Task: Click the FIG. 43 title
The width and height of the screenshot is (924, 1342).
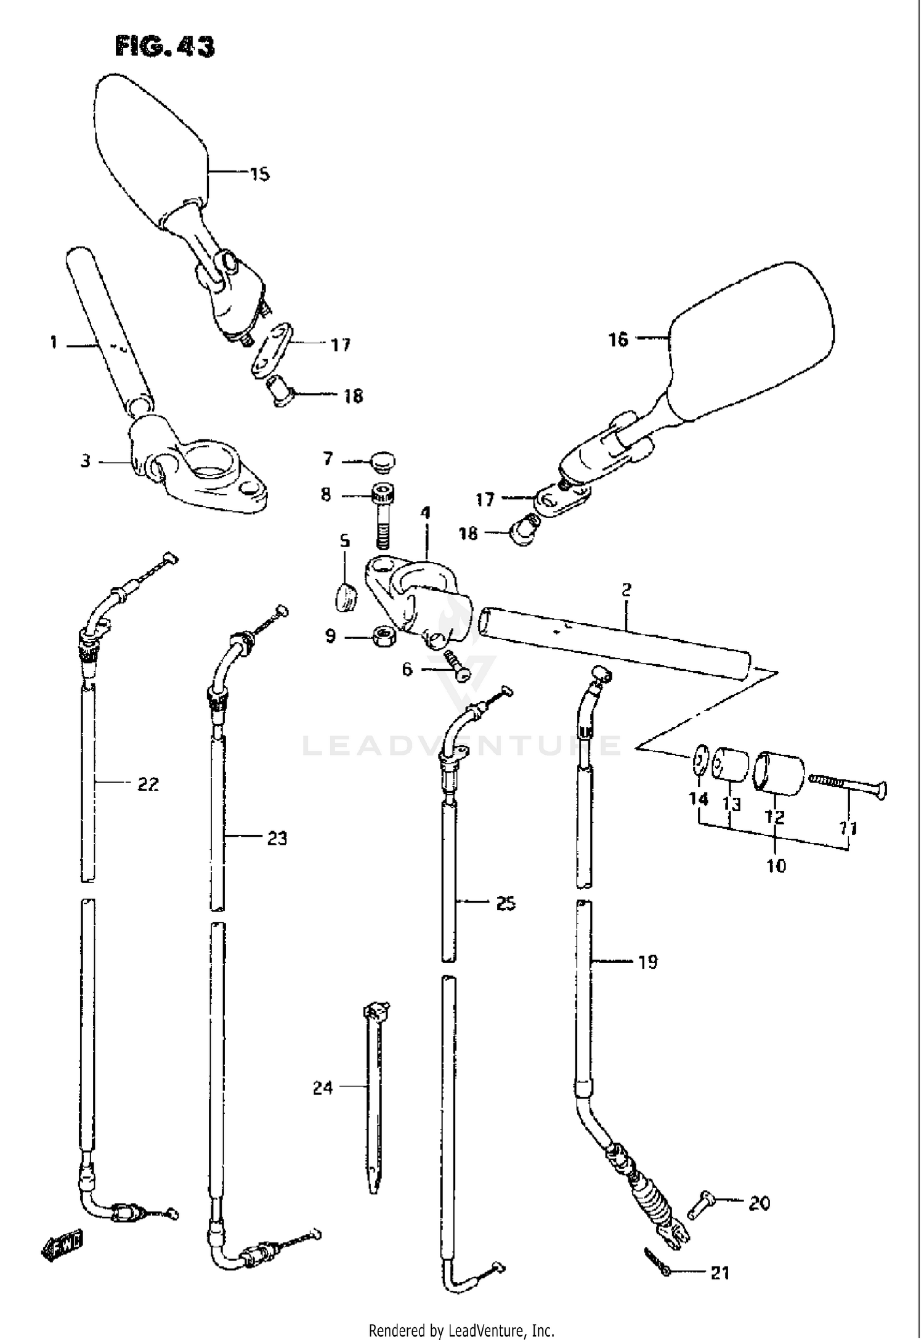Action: point(165,47)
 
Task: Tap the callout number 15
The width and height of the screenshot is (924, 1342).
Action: point(259,174)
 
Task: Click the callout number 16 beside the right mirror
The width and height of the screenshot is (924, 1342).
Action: point(618,339)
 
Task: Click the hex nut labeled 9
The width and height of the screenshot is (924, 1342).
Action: point(384,635)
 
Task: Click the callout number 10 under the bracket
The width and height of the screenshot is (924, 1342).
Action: point(776,866)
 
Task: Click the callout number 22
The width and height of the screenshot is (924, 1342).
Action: point(148,784)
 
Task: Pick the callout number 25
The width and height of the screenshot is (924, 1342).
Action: point(505,904)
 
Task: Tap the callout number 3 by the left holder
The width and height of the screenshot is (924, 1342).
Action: point(86,461)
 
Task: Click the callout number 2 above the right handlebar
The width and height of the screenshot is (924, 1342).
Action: point(626,590)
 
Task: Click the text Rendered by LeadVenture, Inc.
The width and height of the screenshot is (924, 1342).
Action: point(461,1330)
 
